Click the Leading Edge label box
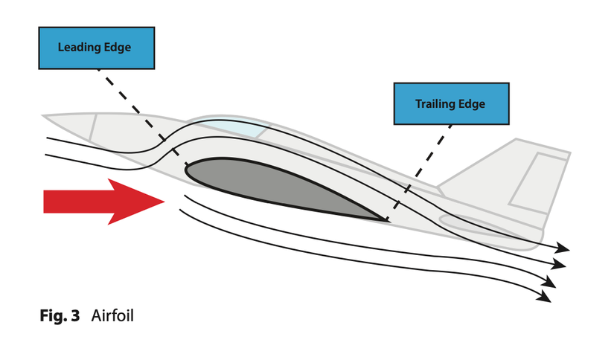95,48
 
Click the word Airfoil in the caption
112,315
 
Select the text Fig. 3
60,315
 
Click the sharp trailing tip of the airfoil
386,220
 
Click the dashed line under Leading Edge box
134,104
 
